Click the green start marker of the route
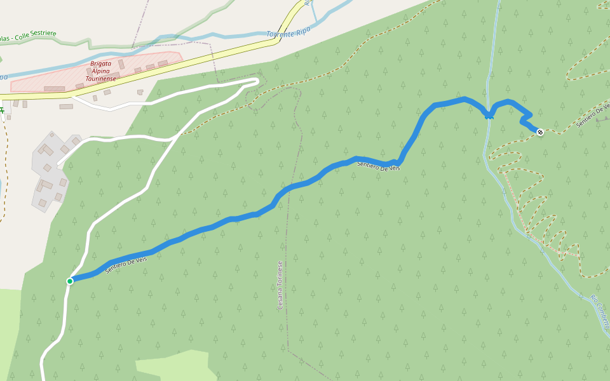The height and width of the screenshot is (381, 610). tap(70, 281)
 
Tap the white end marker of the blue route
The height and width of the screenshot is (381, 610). tap(540, 132)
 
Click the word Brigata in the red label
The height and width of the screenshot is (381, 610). tap(101, 63)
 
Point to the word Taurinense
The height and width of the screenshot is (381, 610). tap(101, 78)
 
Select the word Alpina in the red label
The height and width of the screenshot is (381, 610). tap(101, 70)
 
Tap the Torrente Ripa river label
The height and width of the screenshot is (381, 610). tap(289, 33)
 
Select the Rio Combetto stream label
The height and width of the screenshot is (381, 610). tap(600, 311)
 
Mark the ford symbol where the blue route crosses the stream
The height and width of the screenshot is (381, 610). tap(489, 116)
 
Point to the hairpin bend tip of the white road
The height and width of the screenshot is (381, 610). tap(257, 81)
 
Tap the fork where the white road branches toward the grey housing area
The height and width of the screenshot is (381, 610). tap(173, 138)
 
